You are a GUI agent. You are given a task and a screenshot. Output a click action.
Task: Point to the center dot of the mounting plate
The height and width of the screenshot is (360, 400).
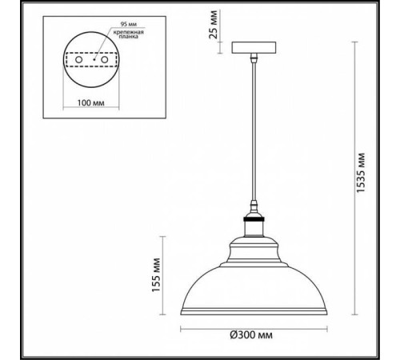click(x=93, y=58)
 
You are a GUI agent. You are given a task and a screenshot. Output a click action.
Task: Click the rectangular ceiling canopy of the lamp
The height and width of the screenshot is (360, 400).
click(x=255, y=47)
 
